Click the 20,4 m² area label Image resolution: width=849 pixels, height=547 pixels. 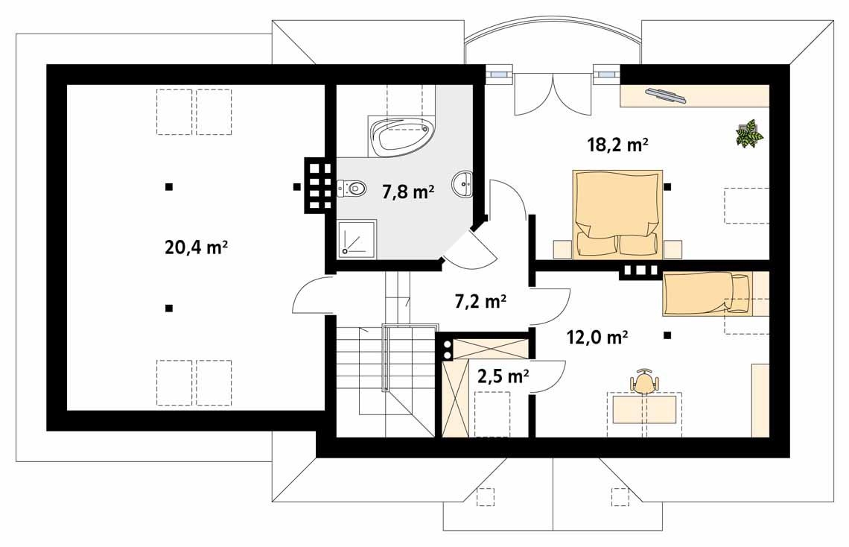coord(196,247)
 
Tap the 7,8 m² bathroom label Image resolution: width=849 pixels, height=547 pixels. coord(408,192)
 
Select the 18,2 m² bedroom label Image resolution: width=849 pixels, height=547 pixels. coord(616,145)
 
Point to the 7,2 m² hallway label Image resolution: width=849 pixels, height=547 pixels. coord(480,301)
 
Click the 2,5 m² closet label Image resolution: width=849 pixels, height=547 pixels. coord(503,376)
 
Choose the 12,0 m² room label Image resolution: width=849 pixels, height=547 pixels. coord(597,337)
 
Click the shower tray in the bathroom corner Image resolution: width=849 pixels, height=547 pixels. coord(357,238)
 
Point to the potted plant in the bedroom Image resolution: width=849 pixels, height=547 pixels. coord(749,133)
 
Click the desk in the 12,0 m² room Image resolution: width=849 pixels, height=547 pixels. coord(644,409)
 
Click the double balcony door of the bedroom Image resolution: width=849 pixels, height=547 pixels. coord(551,93)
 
